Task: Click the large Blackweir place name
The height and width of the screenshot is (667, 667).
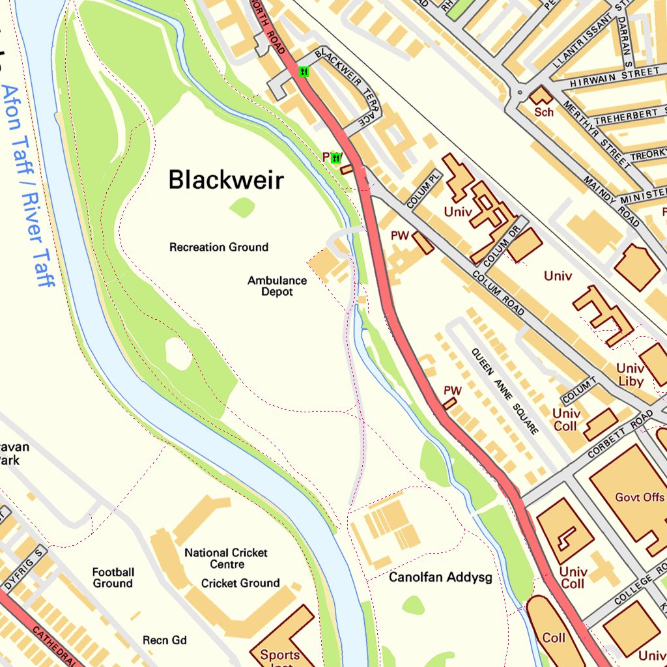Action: coord(226,180)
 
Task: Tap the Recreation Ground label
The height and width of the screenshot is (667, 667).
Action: coord(219,248)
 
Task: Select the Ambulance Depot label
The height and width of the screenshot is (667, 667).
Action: coord(277,286)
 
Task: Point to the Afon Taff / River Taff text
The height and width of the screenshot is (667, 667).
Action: coord(27,186)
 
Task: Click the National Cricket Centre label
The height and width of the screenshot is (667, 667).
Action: coord(226,558)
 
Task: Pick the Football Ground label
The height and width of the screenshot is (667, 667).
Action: coord(113,578)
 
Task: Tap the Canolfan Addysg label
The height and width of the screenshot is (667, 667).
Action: coord(440,577)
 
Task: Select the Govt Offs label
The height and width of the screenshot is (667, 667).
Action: coord(640,498)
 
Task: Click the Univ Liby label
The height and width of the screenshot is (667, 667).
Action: coord(630,375)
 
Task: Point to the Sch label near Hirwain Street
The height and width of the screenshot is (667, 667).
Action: coord(544,112)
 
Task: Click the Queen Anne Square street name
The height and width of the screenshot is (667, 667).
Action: coord(505,391)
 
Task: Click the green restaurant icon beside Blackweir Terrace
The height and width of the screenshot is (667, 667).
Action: coord(304,72)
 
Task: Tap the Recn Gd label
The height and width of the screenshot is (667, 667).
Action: coord(165,640)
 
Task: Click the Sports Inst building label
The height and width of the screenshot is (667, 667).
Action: coord(280,657)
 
